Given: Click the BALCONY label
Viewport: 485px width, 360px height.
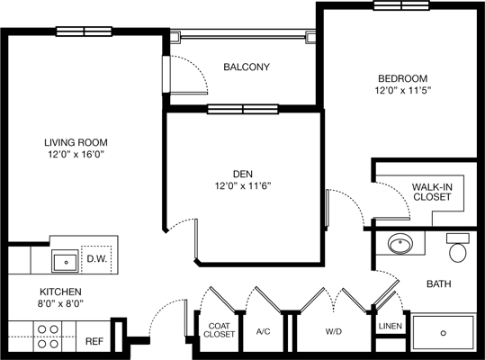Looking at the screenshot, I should [x=247, y=67].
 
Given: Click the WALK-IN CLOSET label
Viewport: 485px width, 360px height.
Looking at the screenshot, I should [x=433, y=193].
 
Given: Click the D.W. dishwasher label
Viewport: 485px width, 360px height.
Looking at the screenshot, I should [x=97, y=260].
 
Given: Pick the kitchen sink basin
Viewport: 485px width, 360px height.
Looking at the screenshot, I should [x=64, y=262].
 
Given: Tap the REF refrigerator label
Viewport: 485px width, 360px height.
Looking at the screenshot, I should [x=94, y=341].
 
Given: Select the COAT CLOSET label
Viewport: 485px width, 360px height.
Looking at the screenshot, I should [x=220, y=329].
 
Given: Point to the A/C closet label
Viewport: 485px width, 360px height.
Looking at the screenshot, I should [x=264, y=330].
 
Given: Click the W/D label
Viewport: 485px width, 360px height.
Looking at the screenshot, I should [x=332, y=330].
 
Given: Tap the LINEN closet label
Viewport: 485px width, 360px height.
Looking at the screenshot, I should [x=389, y=326].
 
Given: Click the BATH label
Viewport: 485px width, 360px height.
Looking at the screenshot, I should [x=438, y=284].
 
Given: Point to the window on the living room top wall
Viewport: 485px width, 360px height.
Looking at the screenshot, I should [x=83, y=31].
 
